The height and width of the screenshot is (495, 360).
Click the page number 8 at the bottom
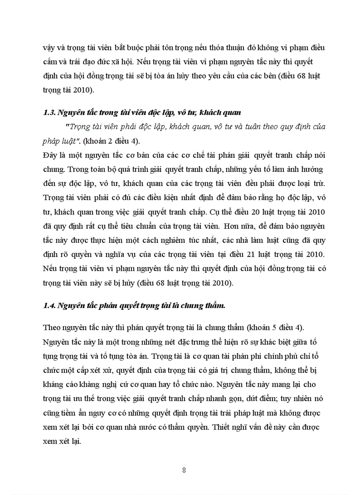184,470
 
